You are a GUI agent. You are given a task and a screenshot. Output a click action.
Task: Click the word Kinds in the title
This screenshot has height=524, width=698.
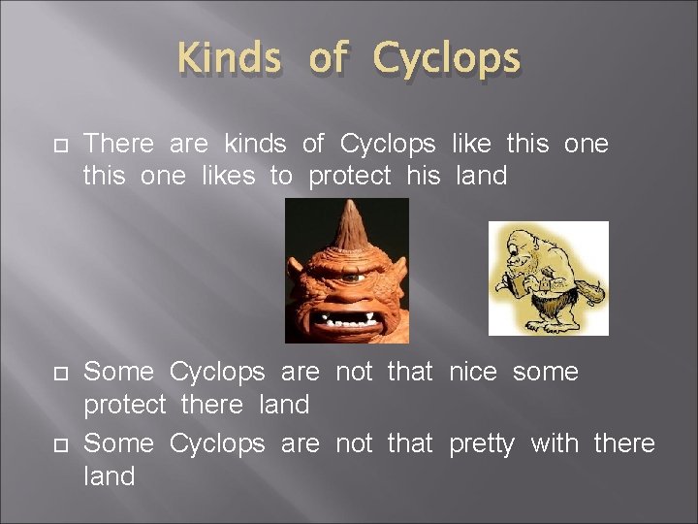pyautogui.click(x=230, y=59)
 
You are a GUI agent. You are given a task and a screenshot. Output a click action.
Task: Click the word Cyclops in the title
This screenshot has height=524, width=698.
pyautogui.click(x=447, y=61)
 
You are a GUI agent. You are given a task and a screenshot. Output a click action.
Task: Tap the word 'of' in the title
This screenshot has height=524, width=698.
pyautogui.click(x=328, y=59)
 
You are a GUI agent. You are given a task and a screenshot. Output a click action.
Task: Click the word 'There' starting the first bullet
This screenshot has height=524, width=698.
pyautogui.click(x=119, y=144)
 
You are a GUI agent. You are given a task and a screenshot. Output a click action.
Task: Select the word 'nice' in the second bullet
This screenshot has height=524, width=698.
pyautogui.click(x=476, y=372)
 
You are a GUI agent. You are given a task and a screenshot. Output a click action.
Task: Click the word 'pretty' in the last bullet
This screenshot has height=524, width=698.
pyautogui.click(x=483, y=445)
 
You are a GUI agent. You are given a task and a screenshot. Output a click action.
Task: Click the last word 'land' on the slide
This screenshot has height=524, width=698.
pyautogui.click(x=110, y=476)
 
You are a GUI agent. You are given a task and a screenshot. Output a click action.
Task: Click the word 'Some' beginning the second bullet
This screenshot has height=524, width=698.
pyautogui.click(x=118, y=372)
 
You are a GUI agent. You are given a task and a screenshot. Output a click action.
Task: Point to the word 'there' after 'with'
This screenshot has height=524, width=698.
pyautogui.click(x=623, y=443)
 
